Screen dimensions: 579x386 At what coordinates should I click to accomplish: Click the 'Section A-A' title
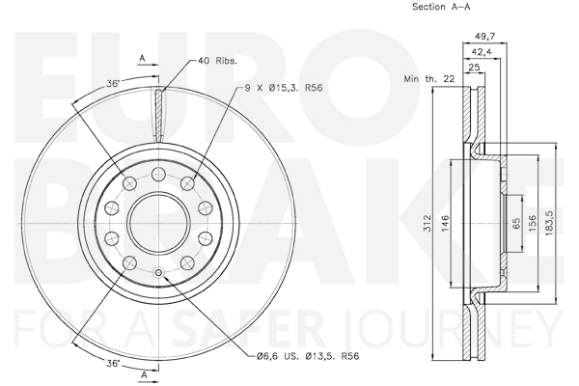tap(441, 7)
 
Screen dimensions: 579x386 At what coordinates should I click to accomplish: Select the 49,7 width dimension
tap(484, 37)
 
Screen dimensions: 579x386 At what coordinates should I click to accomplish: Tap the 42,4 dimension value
tap(482, 52)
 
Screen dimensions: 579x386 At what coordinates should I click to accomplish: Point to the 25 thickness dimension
tap(474, 68)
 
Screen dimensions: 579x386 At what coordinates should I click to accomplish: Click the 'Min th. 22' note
tap(429, 79)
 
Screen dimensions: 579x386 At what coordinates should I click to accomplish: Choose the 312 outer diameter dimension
tap(427, 223)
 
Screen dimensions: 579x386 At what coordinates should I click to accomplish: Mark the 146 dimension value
tap(445, 223)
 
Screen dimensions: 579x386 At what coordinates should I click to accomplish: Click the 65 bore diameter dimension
tap(516, 223)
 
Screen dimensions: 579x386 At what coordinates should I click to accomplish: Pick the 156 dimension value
tap(532, 223)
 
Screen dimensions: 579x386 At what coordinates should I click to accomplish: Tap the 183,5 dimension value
tap(549, 223)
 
